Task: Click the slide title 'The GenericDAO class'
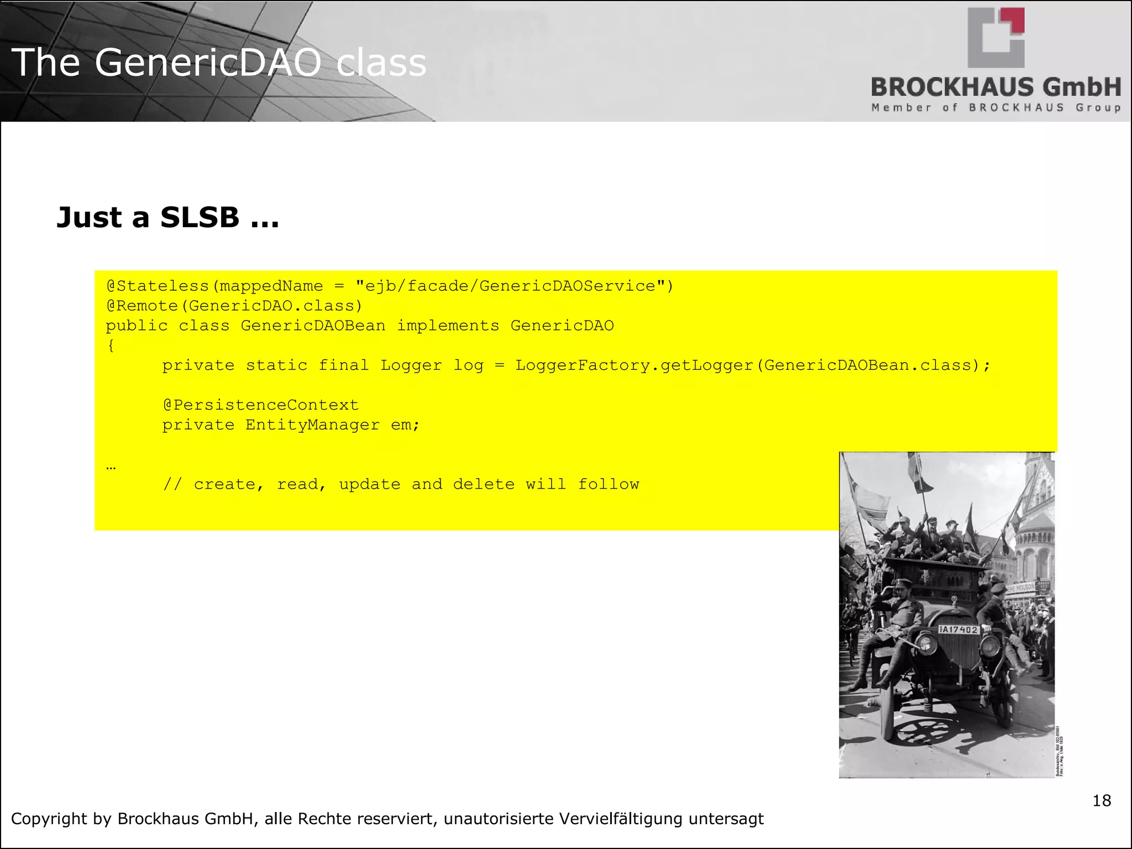coord(218,62)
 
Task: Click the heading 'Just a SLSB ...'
coord(168,217)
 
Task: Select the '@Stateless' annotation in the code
coord(158,286)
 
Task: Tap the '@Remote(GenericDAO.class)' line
coord(234,306)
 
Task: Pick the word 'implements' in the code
coord(448,326)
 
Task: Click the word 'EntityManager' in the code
coord(312,425)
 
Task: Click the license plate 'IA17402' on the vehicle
coord(959,630)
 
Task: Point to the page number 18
coord(1102,800)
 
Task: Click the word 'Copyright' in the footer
coord(49,819)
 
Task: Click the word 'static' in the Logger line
coord(276,366)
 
